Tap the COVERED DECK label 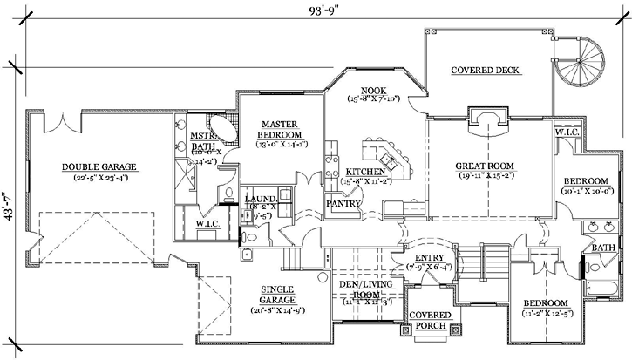486,71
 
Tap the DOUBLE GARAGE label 99,166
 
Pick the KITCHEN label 366,172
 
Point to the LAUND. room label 261,200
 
